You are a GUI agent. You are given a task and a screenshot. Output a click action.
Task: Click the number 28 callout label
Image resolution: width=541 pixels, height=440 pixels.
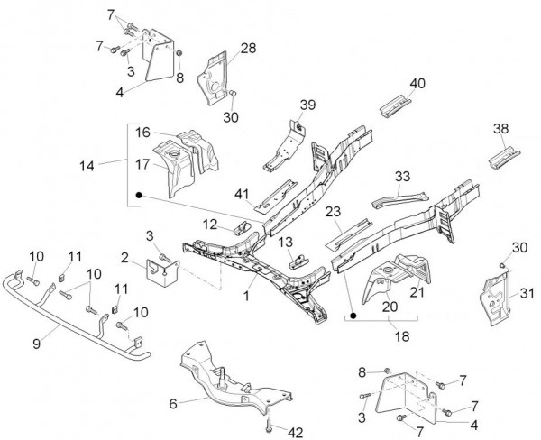tap(248, 48)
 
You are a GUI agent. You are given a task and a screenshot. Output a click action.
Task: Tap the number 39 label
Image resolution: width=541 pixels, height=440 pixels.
tap(308, 105)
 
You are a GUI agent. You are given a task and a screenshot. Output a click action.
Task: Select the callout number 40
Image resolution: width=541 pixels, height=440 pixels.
tap(417, 84)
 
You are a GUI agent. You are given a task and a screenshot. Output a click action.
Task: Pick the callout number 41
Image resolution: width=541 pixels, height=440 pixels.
tap(241, 193)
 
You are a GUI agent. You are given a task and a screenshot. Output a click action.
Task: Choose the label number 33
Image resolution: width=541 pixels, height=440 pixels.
tap(402, 176)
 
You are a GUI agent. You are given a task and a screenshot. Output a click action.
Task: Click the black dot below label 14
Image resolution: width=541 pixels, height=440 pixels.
tap(139, 195)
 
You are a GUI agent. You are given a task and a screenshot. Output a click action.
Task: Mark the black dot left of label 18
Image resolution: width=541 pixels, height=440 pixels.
tap(353, 316)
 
